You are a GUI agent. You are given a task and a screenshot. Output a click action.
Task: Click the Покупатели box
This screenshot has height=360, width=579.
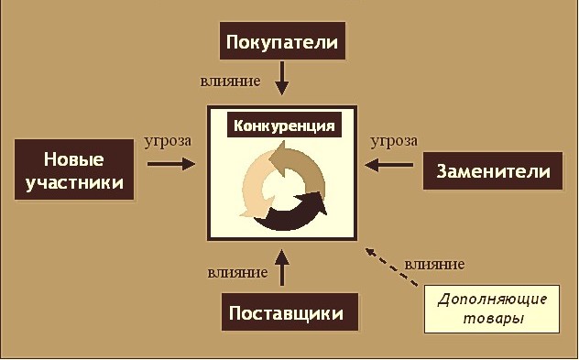click(282, 40)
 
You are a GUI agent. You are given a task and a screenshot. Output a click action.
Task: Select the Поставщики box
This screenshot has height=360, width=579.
click(289, 312)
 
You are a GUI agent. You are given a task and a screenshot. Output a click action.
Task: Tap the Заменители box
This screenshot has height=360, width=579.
click(493, 171)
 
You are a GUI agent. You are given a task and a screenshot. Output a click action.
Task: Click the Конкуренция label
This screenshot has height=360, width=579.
click(284, 125)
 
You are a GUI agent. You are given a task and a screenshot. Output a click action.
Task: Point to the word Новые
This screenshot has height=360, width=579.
click(74, 160)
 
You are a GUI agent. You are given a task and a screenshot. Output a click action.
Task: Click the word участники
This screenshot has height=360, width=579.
click(74, 183)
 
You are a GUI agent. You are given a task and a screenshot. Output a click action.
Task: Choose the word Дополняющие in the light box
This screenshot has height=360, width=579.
click(492, 299)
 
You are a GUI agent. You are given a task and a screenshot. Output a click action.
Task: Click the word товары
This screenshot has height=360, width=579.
click(493, 319)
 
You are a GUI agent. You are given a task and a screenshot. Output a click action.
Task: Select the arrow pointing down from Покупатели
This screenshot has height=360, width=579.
click(282, 78)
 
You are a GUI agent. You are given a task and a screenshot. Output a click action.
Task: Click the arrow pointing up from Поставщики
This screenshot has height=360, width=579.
click(282, 267)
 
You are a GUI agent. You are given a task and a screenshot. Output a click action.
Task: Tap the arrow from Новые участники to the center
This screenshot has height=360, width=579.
click(171, 164)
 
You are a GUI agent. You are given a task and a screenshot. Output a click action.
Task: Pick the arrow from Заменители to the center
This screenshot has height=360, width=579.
click(388, 165)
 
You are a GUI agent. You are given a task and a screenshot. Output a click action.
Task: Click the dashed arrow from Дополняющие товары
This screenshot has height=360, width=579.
click(391, 267)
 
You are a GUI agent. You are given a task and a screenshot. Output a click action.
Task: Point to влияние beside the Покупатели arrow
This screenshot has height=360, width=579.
click(230, 81)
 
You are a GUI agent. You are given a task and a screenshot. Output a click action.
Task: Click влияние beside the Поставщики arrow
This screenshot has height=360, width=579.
click(237, 273)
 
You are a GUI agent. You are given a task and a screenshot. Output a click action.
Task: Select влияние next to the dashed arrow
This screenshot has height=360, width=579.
click(434, 265)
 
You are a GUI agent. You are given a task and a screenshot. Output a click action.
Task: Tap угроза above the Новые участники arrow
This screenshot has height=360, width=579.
click(168, 141)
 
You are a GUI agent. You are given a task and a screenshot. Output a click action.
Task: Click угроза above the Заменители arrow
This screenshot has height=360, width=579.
click(394, 141)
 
